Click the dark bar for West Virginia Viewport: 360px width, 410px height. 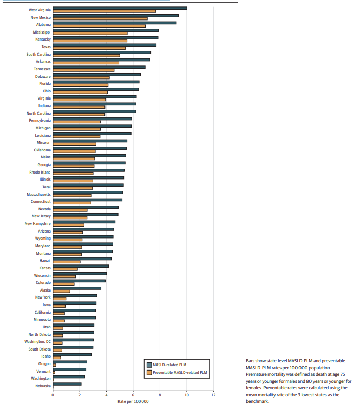(x=119, y=8)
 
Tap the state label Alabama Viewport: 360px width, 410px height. (x=43, y=25)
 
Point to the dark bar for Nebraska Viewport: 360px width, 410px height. (x=67, y=384)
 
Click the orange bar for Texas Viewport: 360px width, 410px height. (x=89, y=48)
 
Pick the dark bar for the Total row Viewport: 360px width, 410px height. (x=88, y=185)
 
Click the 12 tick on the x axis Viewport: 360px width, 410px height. (x=213, y=395)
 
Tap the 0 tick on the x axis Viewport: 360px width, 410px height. (x=53, y=395)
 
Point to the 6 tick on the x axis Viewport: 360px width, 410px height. (x=133, y=395)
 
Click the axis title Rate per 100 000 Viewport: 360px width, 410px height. (x=133, y=401)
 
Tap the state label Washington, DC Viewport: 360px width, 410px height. (x=38, y=341)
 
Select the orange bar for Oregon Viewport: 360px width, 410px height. (x=54, y=365)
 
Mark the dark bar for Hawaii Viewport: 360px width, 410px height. (x=82, y=259)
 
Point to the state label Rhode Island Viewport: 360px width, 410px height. (x=40, y=172)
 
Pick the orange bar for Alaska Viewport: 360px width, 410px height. (x=61, y=292)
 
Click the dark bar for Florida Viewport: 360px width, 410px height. (x=96, y=82)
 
